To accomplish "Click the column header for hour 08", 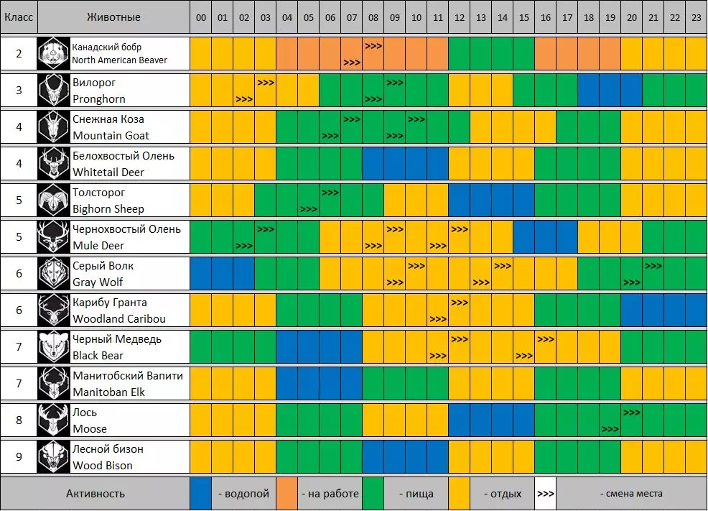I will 373,17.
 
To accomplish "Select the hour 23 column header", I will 696,17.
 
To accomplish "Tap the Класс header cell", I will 19,17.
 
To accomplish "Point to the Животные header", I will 113,17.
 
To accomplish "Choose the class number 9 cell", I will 19,457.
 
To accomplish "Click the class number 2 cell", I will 19,53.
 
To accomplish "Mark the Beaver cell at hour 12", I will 459,53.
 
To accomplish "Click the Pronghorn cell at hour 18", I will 589,90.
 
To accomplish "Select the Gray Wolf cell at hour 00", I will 200,274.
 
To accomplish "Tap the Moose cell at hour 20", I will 632,420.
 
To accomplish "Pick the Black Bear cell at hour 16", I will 546,347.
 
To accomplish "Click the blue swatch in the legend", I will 200,493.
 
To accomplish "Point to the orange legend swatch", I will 287,493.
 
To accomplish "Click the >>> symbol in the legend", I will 546,494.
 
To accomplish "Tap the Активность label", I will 95,493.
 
